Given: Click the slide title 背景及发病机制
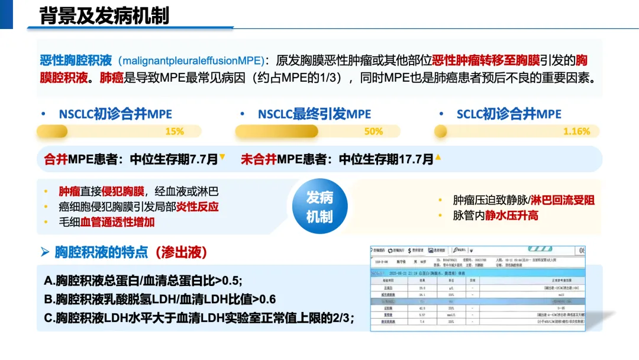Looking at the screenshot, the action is coord(104,16).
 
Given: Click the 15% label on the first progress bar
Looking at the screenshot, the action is coord(175,131).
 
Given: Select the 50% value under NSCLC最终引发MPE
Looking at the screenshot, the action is coord(373,131).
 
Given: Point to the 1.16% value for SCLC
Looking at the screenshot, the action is coord(576,131).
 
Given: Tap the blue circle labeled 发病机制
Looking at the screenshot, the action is coord(319,207).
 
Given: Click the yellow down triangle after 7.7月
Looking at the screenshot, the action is coord(222,157).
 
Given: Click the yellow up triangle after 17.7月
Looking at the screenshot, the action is coord(438,157).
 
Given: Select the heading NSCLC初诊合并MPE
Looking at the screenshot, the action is coord(115,114).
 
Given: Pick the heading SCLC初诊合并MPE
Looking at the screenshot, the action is coord(509,114).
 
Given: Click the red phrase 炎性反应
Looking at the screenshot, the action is coord(198,207).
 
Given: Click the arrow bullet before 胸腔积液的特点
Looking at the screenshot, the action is coord(45,252).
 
